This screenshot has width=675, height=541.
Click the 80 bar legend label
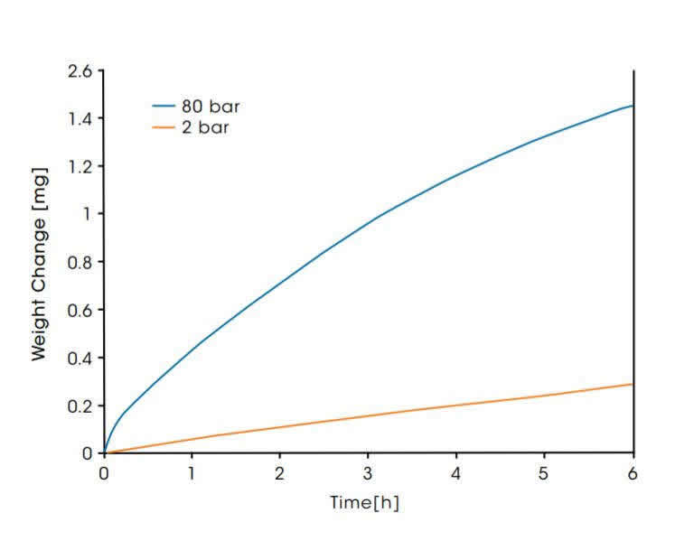pyautogui.click(x=211, y=107)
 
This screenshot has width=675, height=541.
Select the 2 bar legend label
pyautogui.click(x=206, y=127)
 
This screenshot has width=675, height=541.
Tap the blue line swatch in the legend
pyautogui.click(x=164, y=107)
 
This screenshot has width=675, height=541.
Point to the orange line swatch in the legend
pyautogui.click(x=164, y=127)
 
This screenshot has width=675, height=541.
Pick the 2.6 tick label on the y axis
pyautogui.click(x=80, y=70)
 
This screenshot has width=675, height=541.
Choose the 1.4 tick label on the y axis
pyautogui.click(x=80, y=118)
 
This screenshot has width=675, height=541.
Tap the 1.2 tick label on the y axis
pyautogui.click(x=80, y=166)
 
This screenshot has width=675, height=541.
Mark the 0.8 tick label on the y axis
pyautogui.click(x=80, y=262)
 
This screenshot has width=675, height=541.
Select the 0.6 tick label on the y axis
pyautogui.click(x=80, y=310)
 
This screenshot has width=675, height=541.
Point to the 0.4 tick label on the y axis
pyautogui.click(x=80, y=358)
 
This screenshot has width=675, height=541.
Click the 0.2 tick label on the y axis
pyautogui.click(x=80, y=406)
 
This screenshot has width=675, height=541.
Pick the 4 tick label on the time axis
pyautogui.click(x=456, y=472)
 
